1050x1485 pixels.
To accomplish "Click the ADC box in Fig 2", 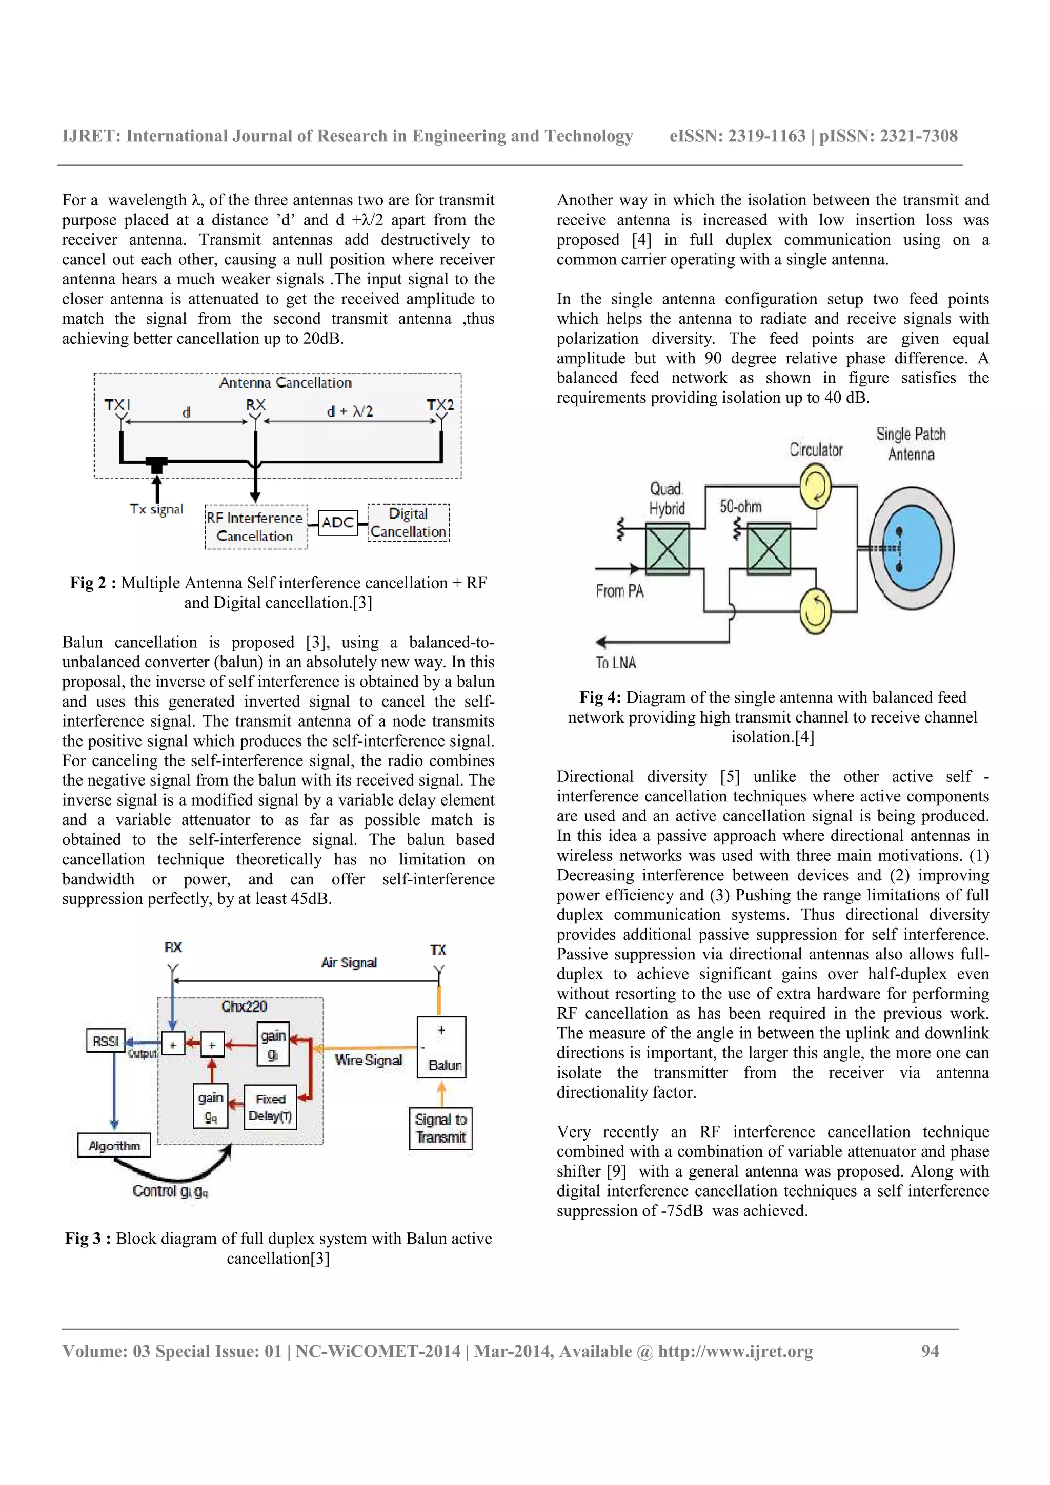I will [x=338, y=522].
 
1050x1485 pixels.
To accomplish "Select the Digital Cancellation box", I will [x=408, y=523].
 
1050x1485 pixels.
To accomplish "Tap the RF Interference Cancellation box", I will [x=255, y=527].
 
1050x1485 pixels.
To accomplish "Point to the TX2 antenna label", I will [x=440, y=405].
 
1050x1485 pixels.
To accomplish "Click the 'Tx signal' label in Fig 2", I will [x=156, y=509].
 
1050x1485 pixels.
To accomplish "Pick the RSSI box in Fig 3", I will [x=106, y=1041].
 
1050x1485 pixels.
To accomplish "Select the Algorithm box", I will [x=114, y=1145].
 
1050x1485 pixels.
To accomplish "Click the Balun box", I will [x=442, y=1047].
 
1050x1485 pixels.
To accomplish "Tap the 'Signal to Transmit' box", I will [x=440, y=1129].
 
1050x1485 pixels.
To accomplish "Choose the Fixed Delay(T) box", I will [x=270, y=1107].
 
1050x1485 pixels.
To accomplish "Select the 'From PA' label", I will [x=619, y=591].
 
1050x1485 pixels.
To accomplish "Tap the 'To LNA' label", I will [x=616, y=662].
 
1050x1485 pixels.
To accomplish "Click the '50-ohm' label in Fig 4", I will [x=740, y=506].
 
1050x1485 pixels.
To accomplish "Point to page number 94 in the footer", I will [x=930, y=1351].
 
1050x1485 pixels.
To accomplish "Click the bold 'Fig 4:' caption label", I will [x=600, y=697].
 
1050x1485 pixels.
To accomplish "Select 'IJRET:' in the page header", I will [x=91, y=136].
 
